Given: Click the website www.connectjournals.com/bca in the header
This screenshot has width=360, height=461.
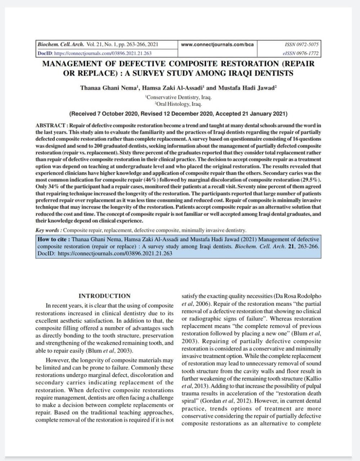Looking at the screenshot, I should click(x=217, y=45).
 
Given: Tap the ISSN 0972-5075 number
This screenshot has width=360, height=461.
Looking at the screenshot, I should click(x=301, y=45).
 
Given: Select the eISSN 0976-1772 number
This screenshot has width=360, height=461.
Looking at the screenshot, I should click(x=301, y=53).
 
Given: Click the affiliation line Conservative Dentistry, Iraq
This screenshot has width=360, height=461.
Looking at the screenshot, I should click(x=179, y=97).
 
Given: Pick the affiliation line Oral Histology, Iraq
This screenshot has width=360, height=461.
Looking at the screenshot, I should click(x=179, y=104).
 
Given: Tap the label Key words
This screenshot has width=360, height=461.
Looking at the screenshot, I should click(x=49, y=230).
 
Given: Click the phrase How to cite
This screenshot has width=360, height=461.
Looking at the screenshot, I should click(x=54, y=240).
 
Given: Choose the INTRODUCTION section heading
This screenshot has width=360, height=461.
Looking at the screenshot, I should click(x=104, y=296).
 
